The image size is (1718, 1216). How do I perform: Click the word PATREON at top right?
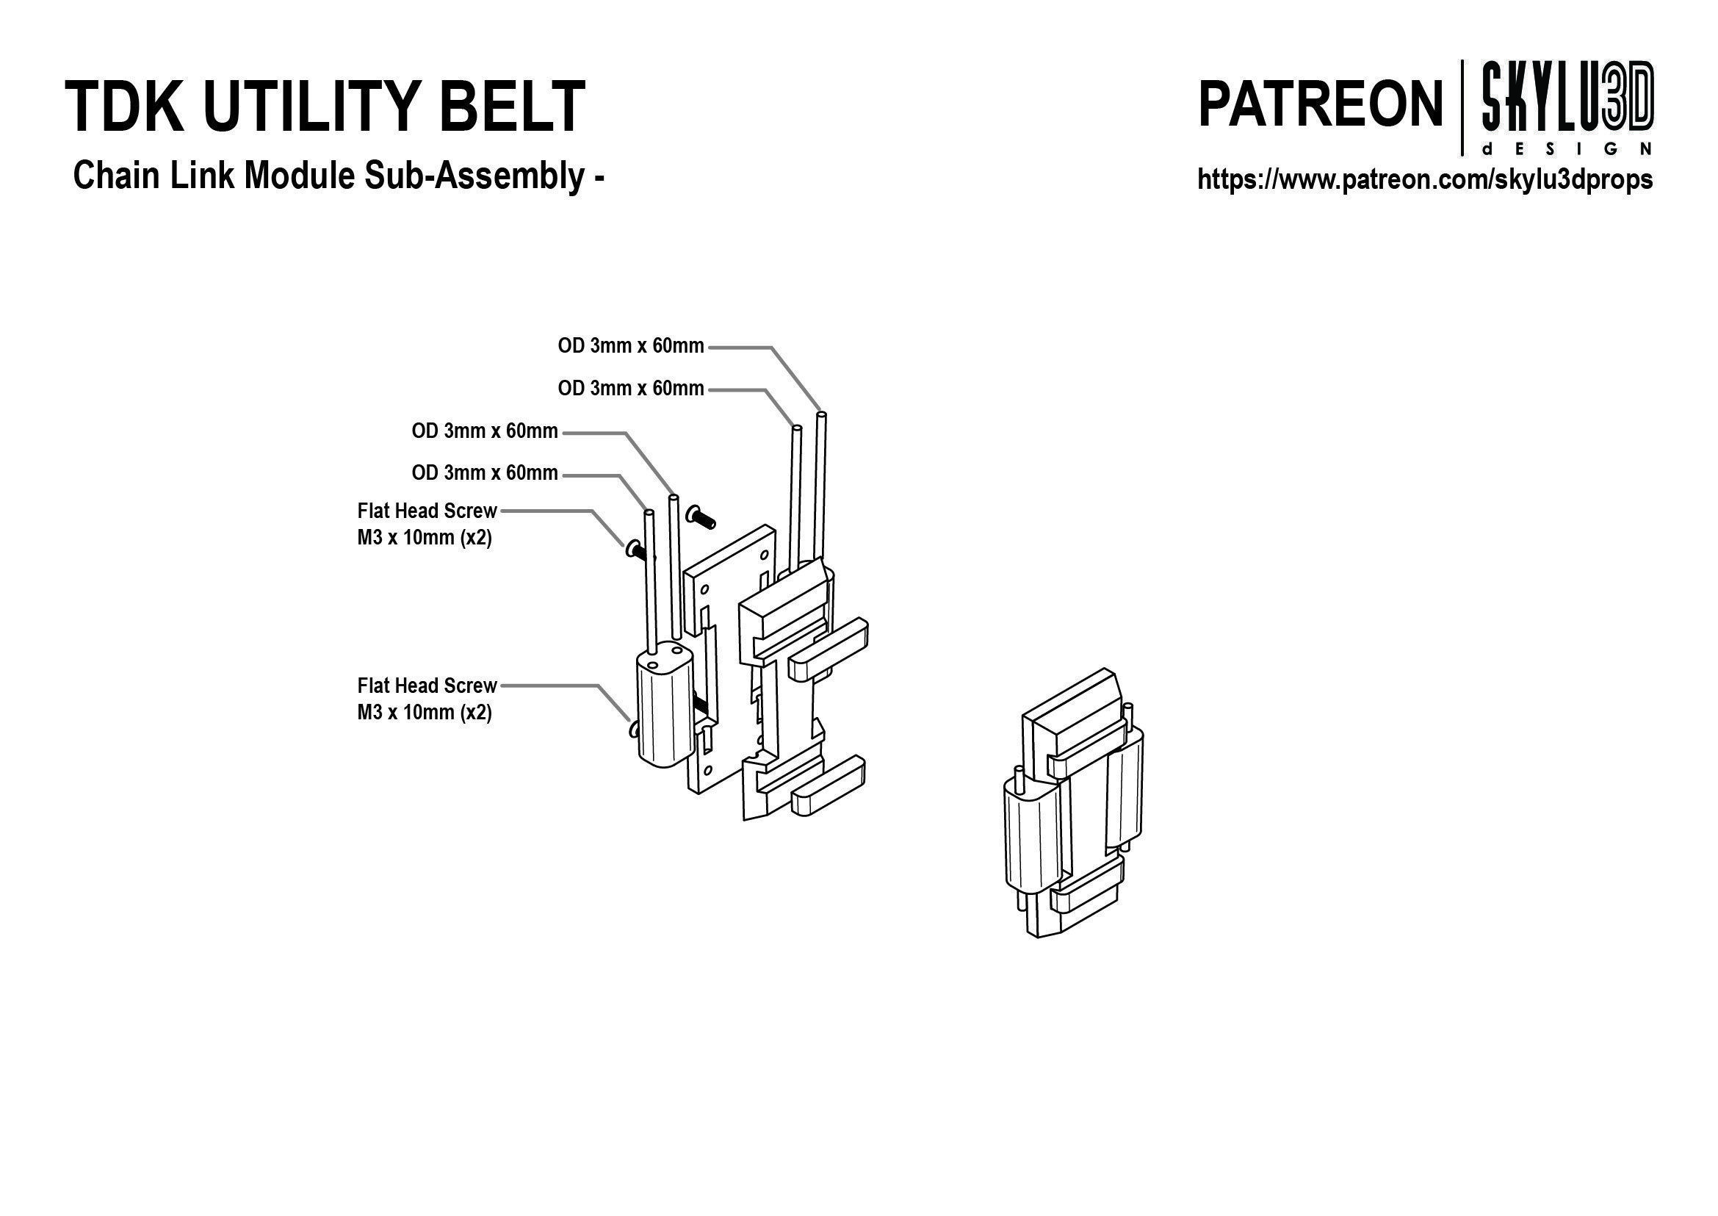1320,105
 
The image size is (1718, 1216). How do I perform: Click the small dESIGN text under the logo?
1567,149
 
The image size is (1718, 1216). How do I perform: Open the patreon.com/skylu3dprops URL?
1424,180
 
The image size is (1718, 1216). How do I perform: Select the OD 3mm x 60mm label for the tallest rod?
630,346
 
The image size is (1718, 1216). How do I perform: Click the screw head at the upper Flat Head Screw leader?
632,550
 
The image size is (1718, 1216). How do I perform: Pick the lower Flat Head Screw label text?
427,686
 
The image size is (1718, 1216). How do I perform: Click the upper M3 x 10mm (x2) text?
425,539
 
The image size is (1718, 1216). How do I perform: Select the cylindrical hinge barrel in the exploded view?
663,715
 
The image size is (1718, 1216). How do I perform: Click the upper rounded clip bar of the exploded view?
828,644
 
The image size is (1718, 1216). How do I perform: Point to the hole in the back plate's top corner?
764,556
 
